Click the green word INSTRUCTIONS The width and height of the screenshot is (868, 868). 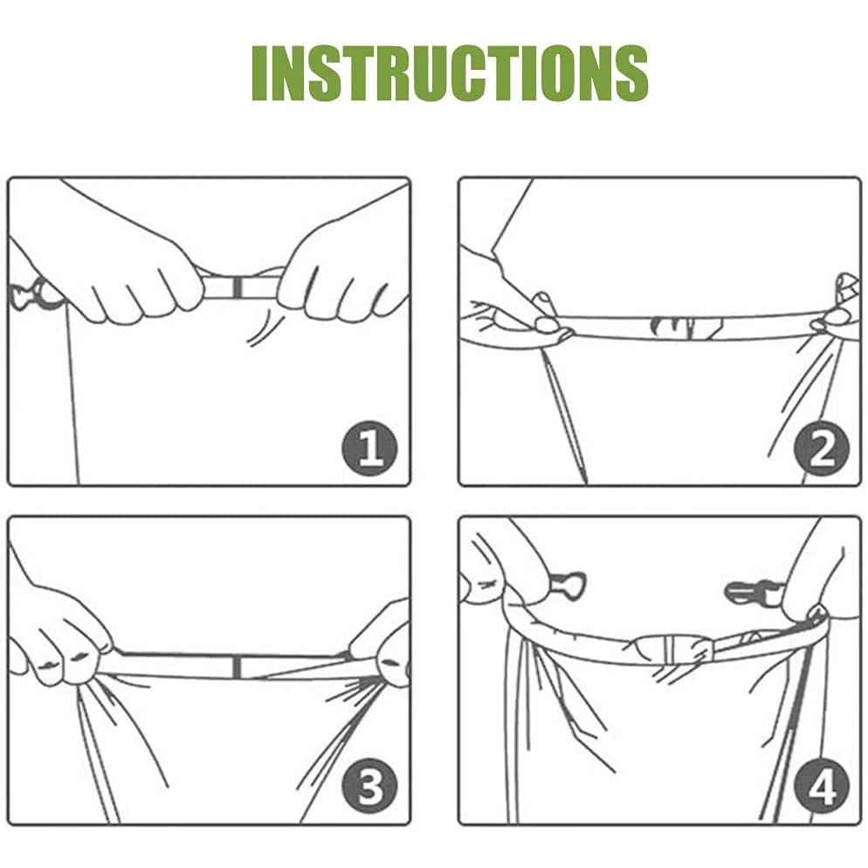click(450, 73)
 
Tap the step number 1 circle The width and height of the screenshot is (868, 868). click(369, 448)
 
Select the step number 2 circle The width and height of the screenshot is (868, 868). click(822, 448)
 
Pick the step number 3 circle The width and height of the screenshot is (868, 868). click(369, 786)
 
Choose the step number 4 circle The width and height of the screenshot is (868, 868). click(822, 786)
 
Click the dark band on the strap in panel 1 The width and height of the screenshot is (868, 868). click(237, 286)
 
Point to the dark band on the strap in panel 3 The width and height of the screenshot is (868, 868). click(237, 666)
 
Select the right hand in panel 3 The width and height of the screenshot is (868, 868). click(382, 648)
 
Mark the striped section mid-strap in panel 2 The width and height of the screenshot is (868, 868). click(686, 327)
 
